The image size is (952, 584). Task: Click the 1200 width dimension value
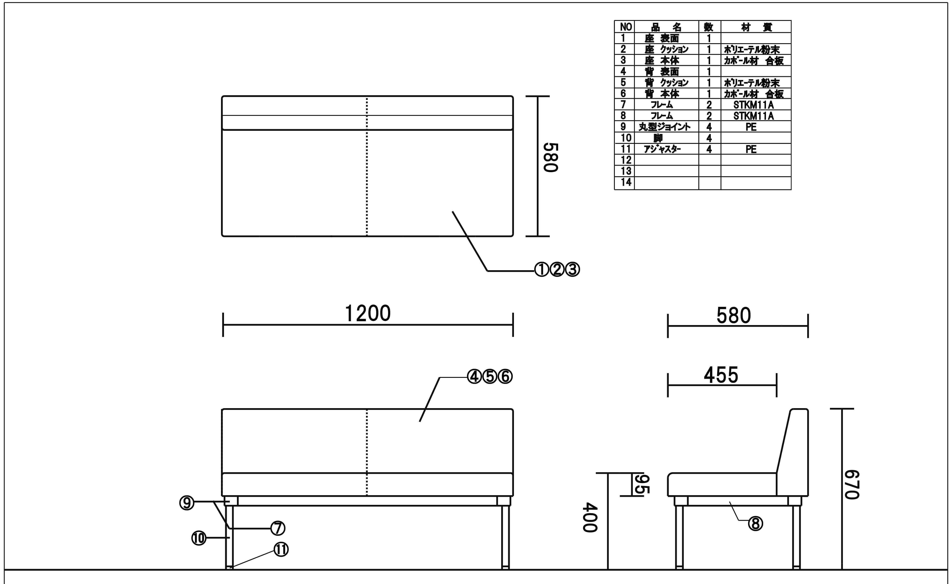pos(367,313)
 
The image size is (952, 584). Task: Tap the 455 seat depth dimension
pos(721,375)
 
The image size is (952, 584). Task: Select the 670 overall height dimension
pos(852,485)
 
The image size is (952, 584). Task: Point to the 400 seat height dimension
pos(590,517)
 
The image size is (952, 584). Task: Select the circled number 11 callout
pos(281,550)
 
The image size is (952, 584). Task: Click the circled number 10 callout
pos(199,538)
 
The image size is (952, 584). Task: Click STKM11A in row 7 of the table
pos(753,105)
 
